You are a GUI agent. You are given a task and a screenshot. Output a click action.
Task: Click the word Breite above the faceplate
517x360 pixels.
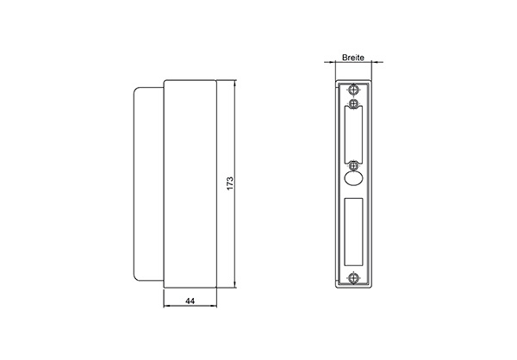352,56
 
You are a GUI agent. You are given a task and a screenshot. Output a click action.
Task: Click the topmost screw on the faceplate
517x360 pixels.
354,89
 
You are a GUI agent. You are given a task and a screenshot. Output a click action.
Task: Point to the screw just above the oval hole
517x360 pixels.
354,164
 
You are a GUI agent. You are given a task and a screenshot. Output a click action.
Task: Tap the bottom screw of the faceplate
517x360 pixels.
354,277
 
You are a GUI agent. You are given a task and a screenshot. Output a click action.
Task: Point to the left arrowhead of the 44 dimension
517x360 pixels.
165,308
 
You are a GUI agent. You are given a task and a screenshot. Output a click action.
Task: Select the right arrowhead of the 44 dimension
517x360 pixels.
214,308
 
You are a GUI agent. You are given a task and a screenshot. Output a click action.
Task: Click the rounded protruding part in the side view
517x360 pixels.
147,184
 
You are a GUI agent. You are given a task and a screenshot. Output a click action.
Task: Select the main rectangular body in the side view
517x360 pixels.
189,184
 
